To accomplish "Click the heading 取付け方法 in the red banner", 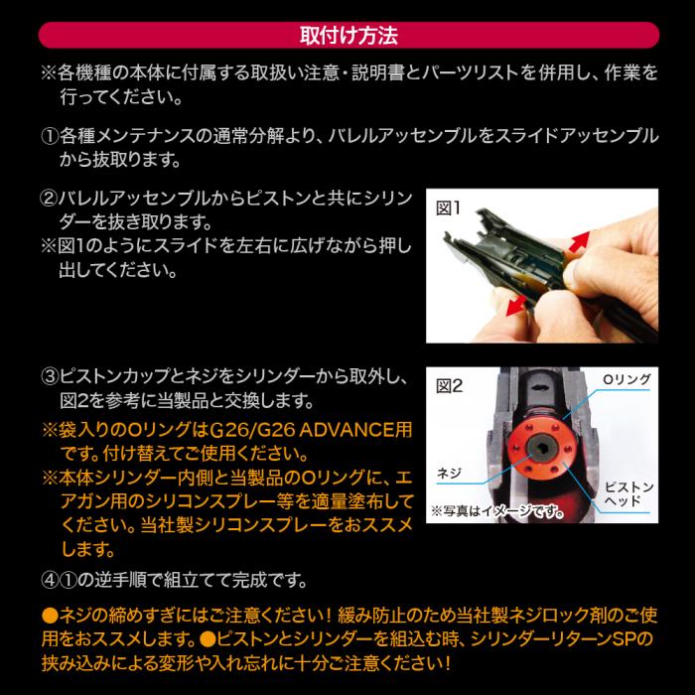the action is click(x=348, y=36).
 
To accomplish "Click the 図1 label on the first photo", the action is click(x=448, y=208).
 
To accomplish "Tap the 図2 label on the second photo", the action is click(x=449, y=385).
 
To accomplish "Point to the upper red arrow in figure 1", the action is click(x=580, y=241).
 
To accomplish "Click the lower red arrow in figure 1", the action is click(x=516, y=306).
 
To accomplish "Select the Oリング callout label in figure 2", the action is click(x=626, y=379).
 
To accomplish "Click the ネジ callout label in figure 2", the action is click(x=449, y=473).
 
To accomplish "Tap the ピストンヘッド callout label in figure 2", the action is click(x=628, y=493).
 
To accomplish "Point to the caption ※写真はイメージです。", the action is click(x=497, y=511).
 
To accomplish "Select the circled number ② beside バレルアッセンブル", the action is click(x=49, y=199).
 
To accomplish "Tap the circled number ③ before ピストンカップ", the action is click(x=50, y=376).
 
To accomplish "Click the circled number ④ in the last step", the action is click(x=50, y=580).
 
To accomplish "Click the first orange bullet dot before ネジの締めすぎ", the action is click(x=50, y=616).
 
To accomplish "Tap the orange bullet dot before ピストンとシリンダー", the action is click(x=208, y=639).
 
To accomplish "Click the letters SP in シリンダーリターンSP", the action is click(x=625, y=639).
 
